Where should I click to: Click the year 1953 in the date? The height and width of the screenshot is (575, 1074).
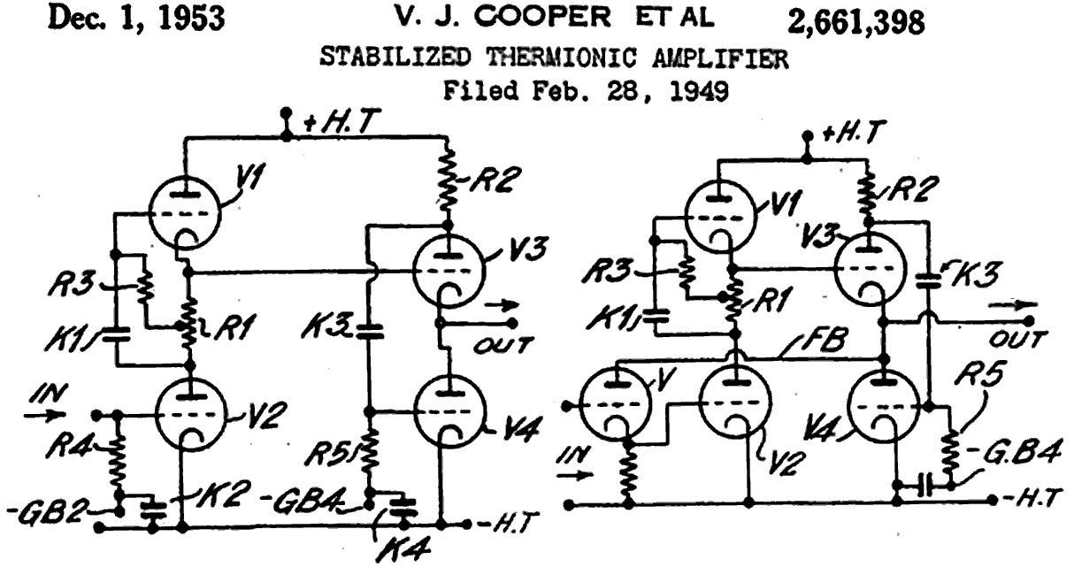[191, 19]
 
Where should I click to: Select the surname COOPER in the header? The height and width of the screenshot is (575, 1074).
[543, 18]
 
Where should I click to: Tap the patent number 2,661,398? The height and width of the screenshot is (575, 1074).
[856, 22]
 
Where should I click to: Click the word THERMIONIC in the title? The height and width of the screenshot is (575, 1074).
[562, 58]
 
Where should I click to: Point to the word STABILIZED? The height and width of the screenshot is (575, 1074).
[395, 57]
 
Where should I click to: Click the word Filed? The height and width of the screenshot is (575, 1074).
[481, 90]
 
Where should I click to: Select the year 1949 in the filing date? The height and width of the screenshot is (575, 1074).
[699, 90]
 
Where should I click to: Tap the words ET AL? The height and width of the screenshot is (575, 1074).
[675, 18]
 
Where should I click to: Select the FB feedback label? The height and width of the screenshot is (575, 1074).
[822, 339]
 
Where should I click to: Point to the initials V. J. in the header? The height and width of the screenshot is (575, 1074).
[428, 18]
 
